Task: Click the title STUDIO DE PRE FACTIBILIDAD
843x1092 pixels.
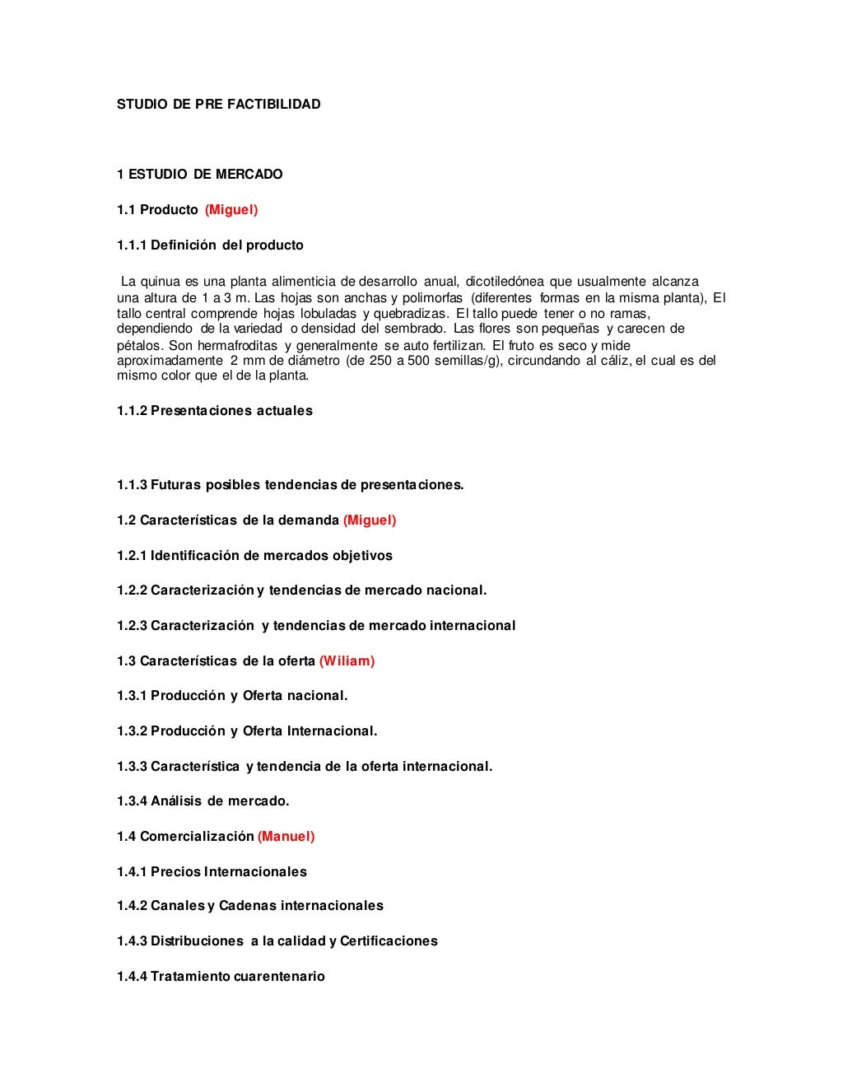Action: click(218, 105)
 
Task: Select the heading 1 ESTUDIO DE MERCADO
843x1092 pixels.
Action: click(199, 175)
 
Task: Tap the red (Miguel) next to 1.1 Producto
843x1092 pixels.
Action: click(231, 210)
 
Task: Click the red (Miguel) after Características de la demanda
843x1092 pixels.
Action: click(370, 520)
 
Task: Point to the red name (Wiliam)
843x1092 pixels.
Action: click(347, 661)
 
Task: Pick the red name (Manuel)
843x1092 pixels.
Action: click(286, 837)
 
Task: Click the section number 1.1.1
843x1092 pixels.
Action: click(132, 245)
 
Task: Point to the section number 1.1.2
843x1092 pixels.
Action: click(132, 411)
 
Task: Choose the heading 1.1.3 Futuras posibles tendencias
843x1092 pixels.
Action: click(290, 485)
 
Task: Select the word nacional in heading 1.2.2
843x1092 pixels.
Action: click(455, 590)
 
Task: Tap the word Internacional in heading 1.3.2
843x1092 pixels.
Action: click(331, 731)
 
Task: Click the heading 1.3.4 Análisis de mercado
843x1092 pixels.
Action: click(203, 801)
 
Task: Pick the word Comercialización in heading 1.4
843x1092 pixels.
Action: click(197, 837)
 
